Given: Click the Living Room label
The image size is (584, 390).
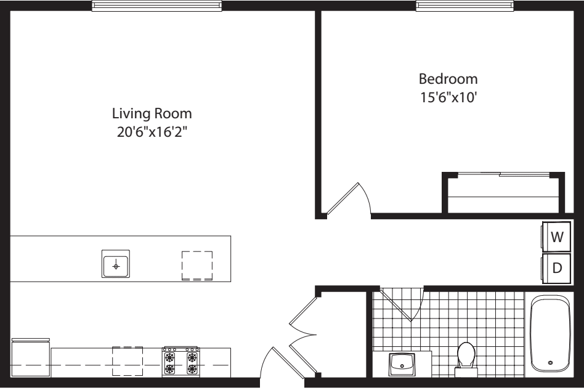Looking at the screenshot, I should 152,114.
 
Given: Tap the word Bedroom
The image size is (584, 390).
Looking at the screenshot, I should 448,79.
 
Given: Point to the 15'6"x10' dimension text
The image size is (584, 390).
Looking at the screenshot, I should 448,97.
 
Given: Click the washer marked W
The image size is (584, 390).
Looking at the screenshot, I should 558,237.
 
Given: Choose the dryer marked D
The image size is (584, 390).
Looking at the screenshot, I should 558,268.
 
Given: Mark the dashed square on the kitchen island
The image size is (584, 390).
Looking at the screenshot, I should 197,265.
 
